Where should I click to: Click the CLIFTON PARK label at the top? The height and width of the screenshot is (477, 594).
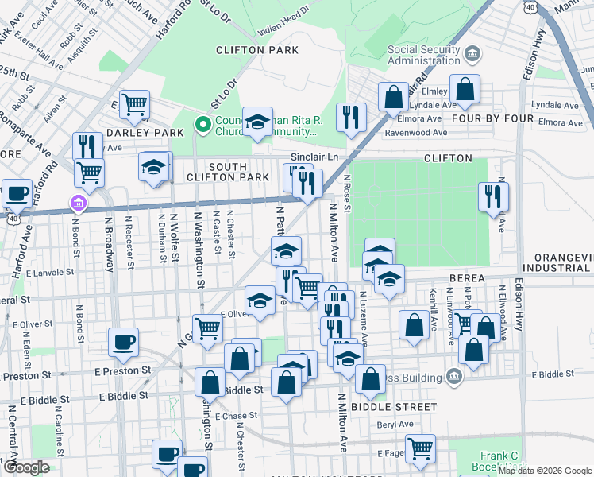click(257, 50)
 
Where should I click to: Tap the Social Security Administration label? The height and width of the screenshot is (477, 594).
click(424, 55)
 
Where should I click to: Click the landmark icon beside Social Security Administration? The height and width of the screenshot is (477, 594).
click(473, 54)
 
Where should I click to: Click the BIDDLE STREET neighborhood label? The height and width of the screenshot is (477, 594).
click(397, 406)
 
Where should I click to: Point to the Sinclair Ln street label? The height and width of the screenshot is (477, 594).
click(314, 157)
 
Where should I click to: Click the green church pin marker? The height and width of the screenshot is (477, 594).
click(202, 124)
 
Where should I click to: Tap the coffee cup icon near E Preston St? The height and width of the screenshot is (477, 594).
click(123, 343)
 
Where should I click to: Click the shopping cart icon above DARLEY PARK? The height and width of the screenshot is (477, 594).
click(136, 103)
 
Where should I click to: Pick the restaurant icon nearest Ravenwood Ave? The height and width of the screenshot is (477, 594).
click(349, 118)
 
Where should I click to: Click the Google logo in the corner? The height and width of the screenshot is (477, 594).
click(25, 467)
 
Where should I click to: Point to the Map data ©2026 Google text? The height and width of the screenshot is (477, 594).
click(545, 471)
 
